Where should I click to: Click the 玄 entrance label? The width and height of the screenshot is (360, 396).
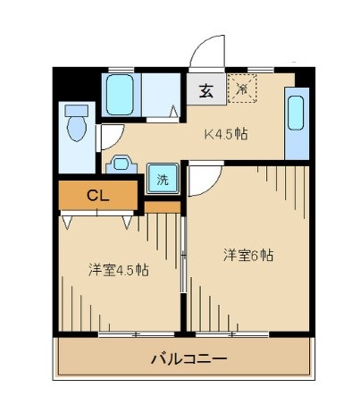[205, 89]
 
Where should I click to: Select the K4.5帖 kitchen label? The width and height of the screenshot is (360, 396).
[226, 135]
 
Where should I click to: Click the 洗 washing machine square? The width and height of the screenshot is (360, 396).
[162, 178]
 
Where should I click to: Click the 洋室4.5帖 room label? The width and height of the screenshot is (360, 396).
[118, 269]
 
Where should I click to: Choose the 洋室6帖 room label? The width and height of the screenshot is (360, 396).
[247, 255]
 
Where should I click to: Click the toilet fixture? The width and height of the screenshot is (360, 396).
[78, 125]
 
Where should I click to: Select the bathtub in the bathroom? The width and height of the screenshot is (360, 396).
[119, 94]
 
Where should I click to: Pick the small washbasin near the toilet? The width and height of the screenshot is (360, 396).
[121, 165]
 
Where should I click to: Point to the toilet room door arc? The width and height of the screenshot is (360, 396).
[111, 136]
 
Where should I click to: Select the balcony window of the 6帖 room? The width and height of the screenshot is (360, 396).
[235, 333]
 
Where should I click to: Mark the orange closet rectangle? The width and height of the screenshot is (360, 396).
[98, 195]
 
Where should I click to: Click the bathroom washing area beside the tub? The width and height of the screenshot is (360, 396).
[161, 94]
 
